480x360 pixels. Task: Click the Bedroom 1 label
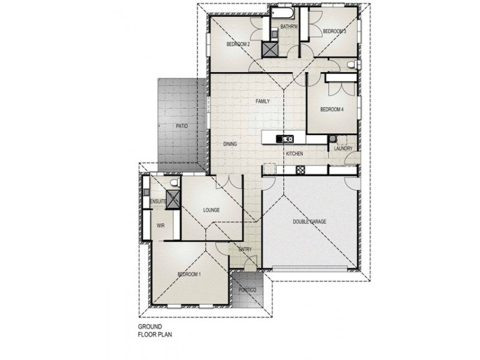(x=189, y=274)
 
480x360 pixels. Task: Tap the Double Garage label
(x=310, y=221)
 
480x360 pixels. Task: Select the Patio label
(x=182, y=126)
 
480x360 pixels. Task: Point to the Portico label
(x=247, y=290)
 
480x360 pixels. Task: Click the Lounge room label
(x=212, y=210)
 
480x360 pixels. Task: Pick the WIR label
(x=160, y=226)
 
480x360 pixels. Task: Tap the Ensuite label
(x=158, y=202)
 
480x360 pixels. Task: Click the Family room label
(x=263, y=101)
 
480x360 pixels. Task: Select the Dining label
(x=230, y=144)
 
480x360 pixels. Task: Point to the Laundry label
(x=343, y=148)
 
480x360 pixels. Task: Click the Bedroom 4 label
(x=332, y=109)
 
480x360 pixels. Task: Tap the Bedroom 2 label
(x=238, y=44)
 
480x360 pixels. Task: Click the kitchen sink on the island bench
(x=284, y=139)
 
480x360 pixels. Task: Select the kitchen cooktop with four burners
(x=301, y=170)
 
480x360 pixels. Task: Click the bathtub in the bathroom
(x=282, y=13)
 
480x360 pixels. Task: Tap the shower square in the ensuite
(x=173, y=200)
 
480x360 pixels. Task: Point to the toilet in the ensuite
(x=175, y=182)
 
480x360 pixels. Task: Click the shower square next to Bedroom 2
(x=270, y=50)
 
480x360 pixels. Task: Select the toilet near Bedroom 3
(x=352, y=65)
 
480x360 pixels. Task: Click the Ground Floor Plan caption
(x=155, y=331)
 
